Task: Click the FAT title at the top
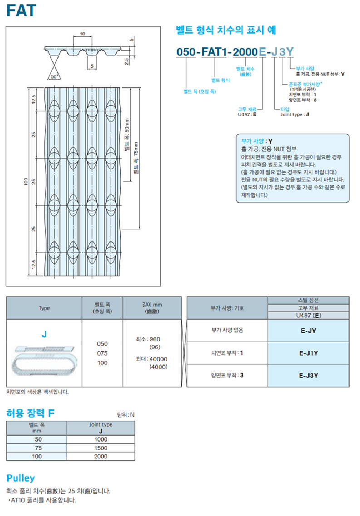[x=21, y=10]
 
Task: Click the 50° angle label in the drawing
[x=55, y=77]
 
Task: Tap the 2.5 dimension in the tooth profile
[x=127, y=59]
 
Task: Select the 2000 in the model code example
[x=245, y=52]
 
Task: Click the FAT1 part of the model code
[x=214, y=52]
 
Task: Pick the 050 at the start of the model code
[x=186, y=52]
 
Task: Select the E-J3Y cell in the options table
[x=308, y=375]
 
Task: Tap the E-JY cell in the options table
[x=308, y=330]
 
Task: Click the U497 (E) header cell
[x=308, y=315]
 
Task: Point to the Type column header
[x=44, y=308]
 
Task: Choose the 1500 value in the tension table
[x=101, y=448]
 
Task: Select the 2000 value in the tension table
[x=101, y=457]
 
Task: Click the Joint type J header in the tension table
[x=101, y=428]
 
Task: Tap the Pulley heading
[x=20, y=478]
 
